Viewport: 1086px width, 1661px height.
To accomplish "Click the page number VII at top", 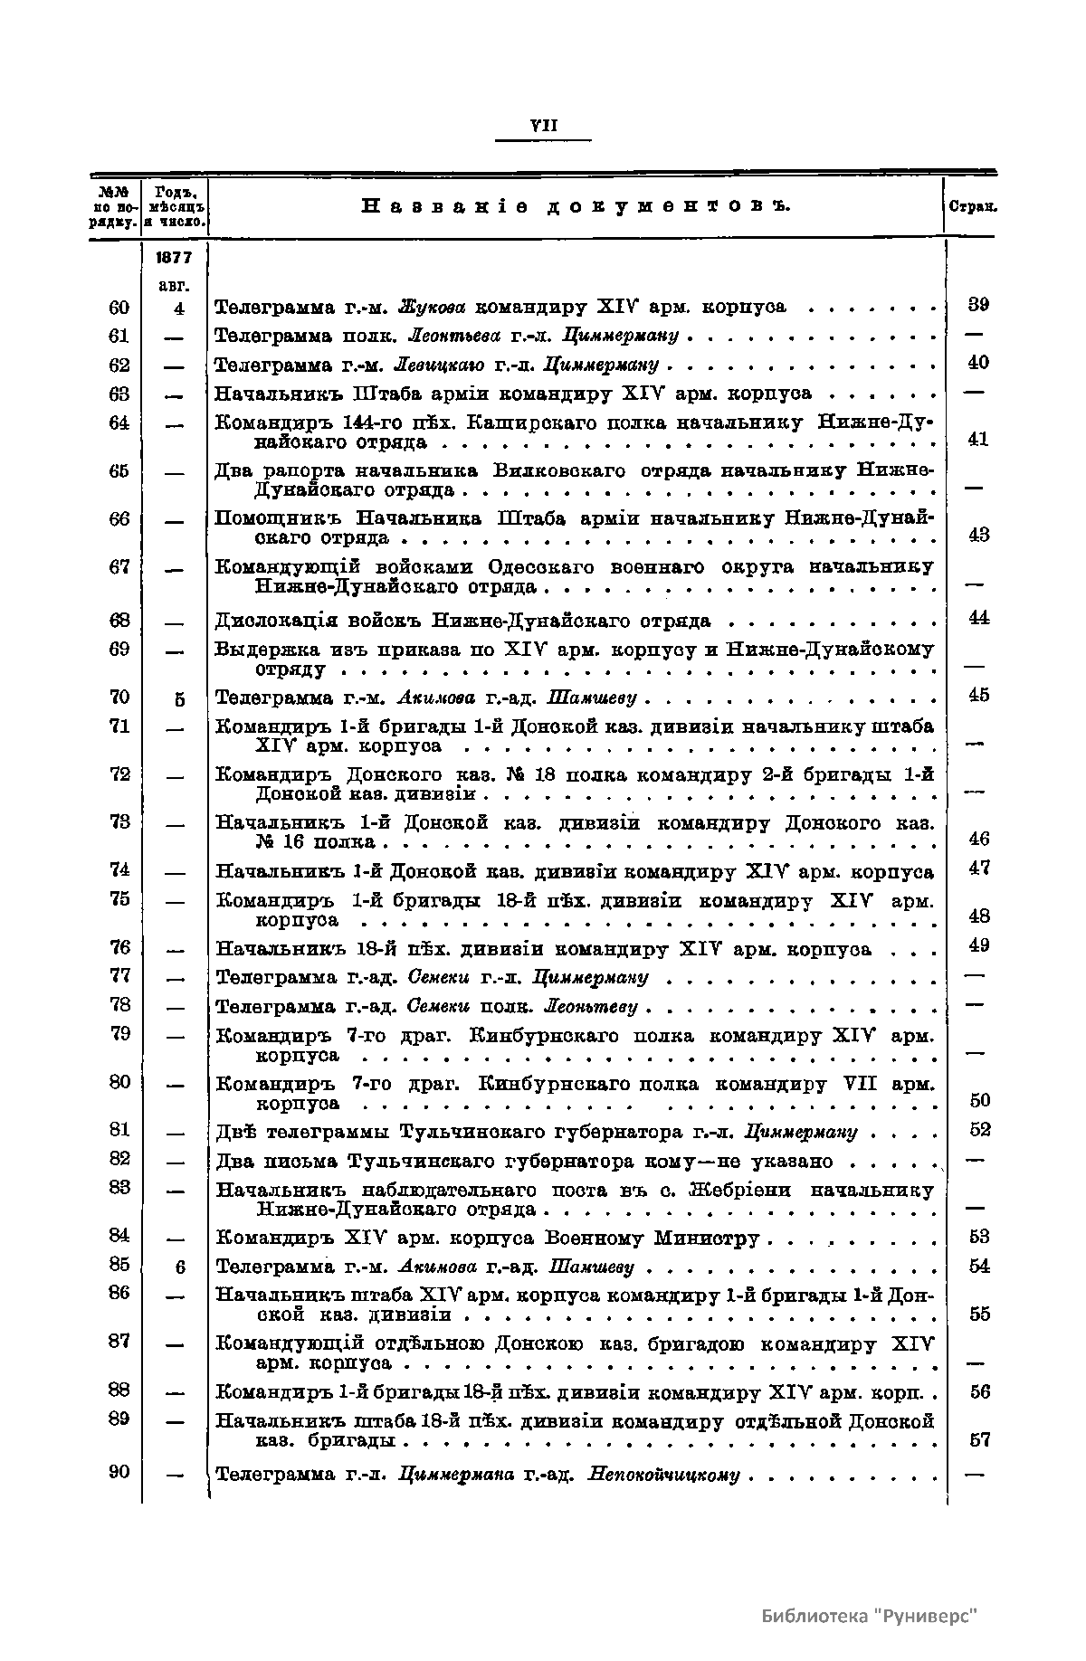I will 543,128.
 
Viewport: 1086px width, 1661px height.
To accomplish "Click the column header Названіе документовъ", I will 576,207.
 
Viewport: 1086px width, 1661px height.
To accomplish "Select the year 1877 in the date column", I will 174,258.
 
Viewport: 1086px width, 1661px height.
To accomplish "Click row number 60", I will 119,308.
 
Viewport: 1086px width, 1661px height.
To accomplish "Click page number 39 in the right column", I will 978,305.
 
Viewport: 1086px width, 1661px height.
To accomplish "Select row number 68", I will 119,621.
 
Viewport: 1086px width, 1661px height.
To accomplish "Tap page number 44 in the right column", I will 978,618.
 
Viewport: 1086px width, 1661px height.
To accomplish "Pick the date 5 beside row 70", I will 179,698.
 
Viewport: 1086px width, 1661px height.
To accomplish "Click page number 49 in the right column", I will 978,945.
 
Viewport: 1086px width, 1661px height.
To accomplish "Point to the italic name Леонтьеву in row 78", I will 593,1006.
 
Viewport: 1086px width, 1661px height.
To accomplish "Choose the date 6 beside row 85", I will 179,1267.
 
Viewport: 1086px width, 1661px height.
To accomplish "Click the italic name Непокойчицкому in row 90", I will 663,1476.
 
